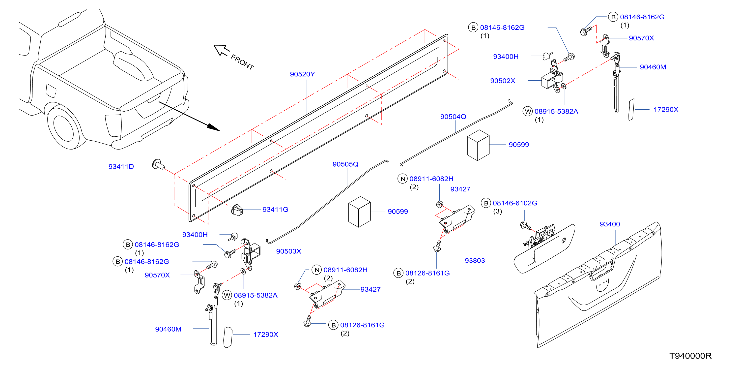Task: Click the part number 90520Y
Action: (x=302, y=74)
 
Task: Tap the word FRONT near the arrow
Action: (x=242, y=62)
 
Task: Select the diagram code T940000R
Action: (x=690, y=356)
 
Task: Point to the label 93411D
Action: (x=121, y=166)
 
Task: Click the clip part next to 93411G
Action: (x=237, y=210)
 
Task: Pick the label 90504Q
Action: (x=453, y=117)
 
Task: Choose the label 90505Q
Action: (x=345, y=164)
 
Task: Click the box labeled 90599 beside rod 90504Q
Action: (x=478, y=145)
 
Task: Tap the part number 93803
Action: (x=475, y=260)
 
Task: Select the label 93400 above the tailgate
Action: (x=610, y=224)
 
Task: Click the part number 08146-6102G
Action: (x=515, y=203)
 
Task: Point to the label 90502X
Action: (x=502, y=81)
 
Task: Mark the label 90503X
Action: (x=288, y=251)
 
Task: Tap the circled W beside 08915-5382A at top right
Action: (x=528, y=111)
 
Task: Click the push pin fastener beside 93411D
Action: (x=158, y=164)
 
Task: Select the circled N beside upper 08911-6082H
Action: (x=403, y=179)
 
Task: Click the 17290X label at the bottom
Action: (x=265, y=334)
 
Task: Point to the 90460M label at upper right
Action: (x=653, y=67)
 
